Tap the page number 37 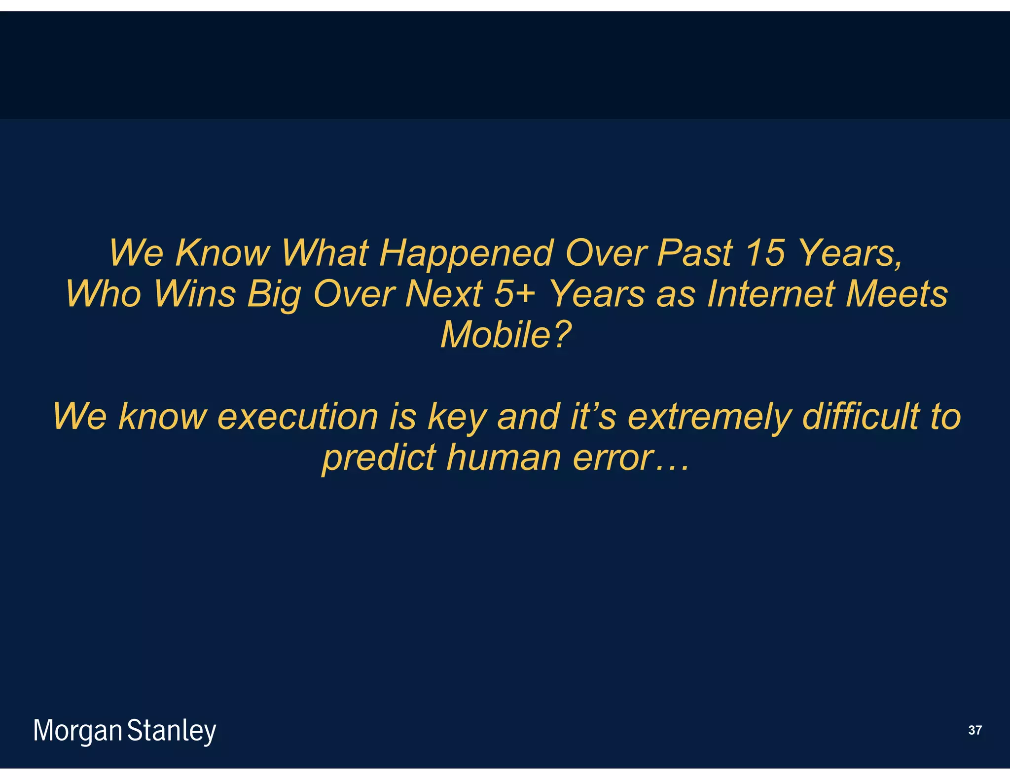pyautogui.click(x=974, y=730)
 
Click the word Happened pyautogui.click(x=466, y=253)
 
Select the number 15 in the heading pyautogui.click(x=764, y=253)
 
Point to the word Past pyautogui.click(x=694, y=253)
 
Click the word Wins pyautogui.click(x=194, y=294)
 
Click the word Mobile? pyautogui.click(x=505, y=335)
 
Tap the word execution pyautogui.click(x=297, y=417)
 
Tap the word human pyautogui.click(x=504, y=458)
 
